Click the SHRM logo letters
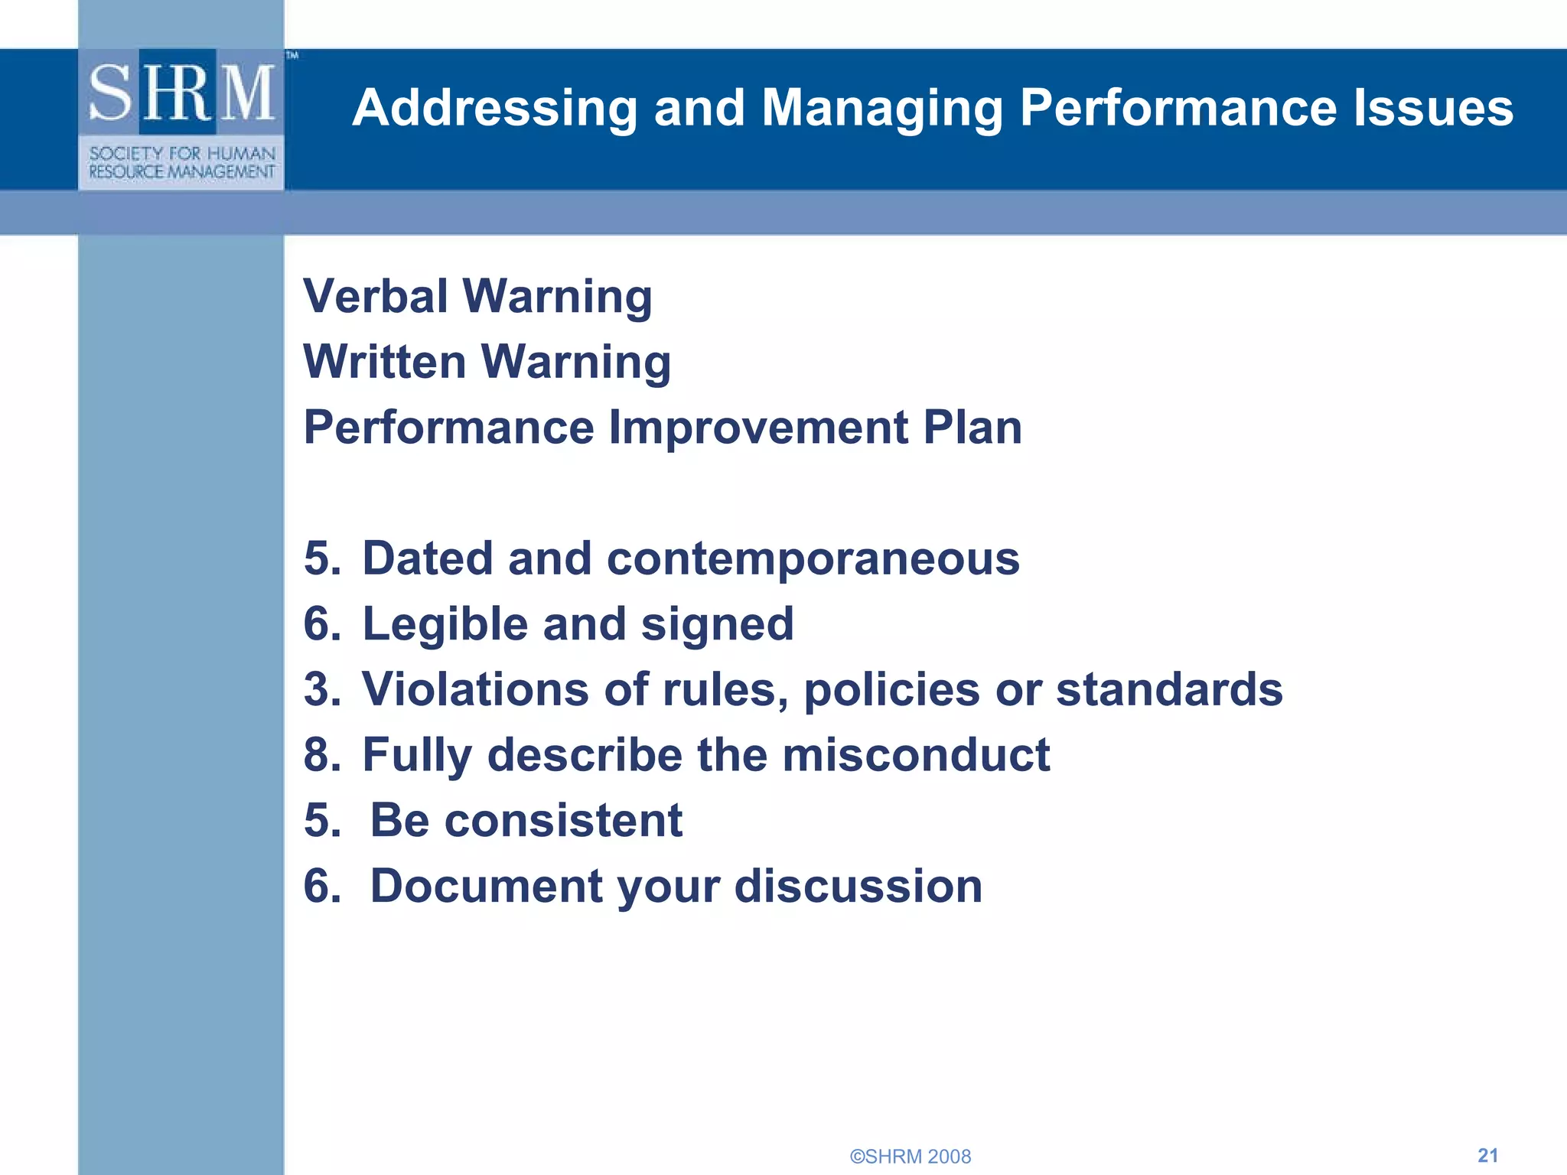click(x=182, y=93)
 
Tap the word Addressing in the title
click(x=494, y=108)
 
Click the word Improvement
click(x=758, y=427)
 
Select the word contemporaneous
click(x=813, y=558)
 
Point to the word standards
click(x=1169, y=689)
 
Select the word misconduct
click(x=916, y=755)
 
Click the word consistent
click(x=563, y=821)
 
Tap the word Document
click(x=486, y=886)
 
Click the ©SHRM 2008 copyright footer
click(x=910, y=1156)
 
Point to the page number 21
click(x=1487, y=1155)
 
